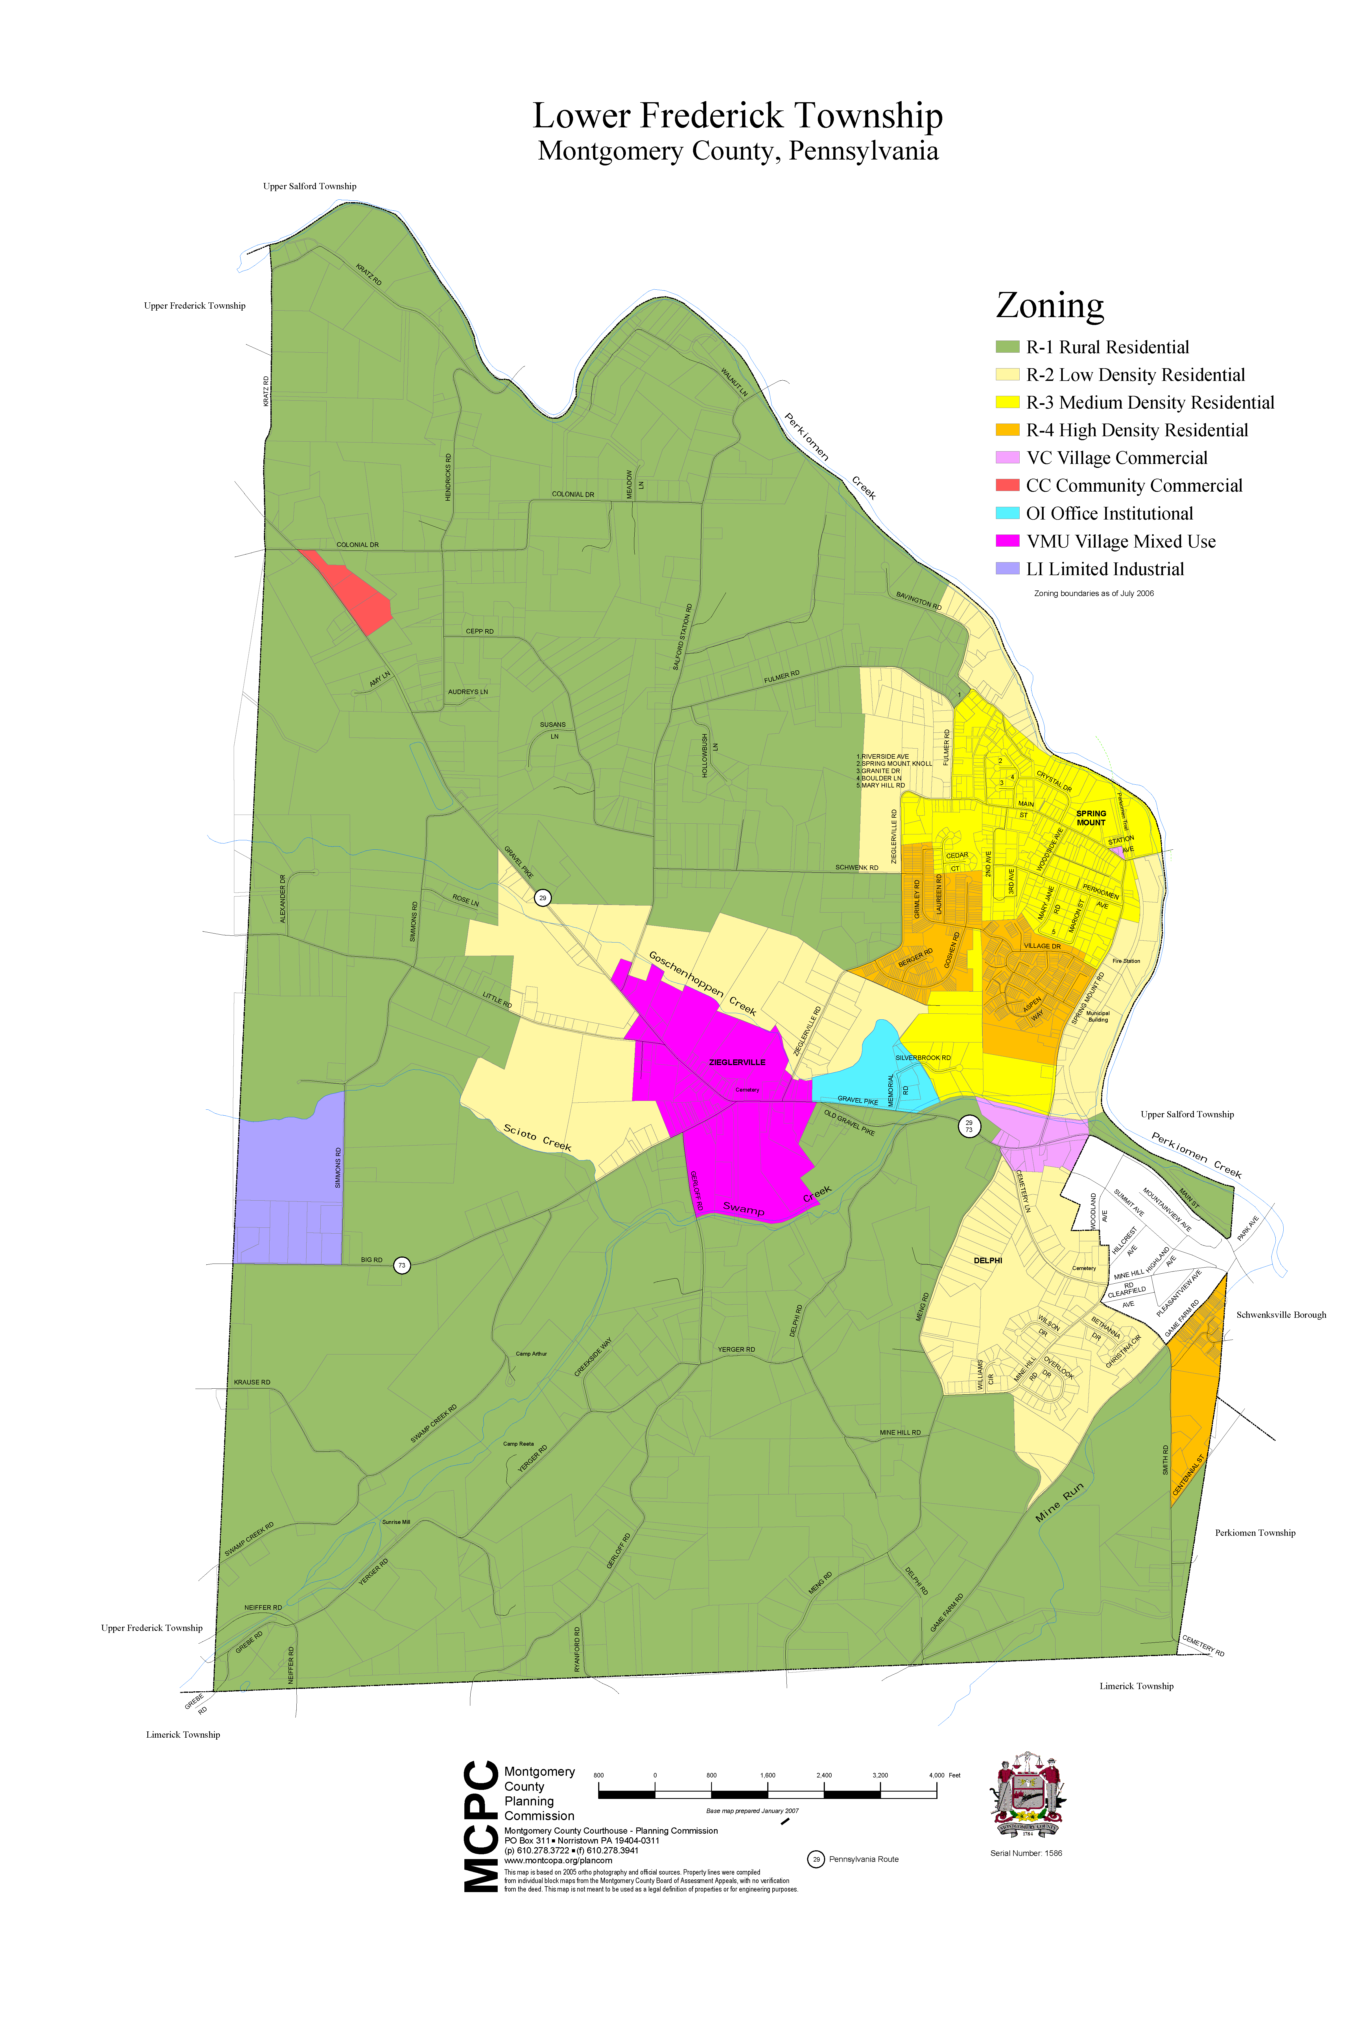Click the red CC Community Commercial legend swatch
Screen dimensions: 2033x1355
1007,485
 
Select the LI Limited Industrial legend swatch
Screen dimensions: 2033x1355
1007,568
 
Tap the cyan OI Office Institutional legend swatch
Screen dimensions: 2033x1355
1007,512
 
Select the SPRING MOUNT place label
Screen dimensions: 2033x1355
1090,818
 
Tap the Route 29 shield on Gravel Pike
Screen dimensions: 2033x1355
543,898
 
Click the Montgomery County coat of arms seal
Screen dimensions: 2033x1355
1027,1796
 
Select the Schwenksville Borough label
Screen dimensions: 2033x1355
1281,1315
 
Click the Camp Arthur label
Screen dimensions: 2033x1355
531,1354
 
